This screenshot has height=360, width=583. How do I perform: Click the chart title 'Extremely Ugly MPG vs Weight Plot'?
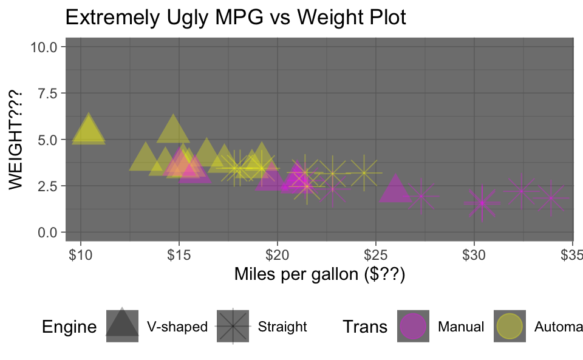235,18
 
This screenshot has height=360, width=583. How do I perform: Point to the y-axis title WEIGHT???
16,140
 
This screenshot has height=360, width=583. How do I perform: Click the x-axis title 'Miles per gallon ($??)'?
319,275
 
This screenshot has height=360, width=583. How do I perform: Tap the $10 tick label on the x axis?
80,252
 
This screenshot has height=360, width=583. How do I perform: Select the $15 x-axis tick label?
179,252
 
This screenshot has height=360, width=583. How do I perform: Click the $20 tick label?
277,252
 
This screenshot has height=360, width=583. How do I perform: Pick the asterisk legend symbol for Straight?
233,327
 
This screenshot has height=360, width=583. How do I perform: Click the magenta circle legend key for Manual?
414,327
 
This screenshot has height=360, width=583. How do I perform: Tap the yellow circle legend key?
510,327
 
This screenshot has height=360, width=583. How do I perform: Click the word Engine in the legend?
69,327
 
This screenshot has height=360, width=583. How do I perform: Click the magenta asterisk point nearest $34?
551,198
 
